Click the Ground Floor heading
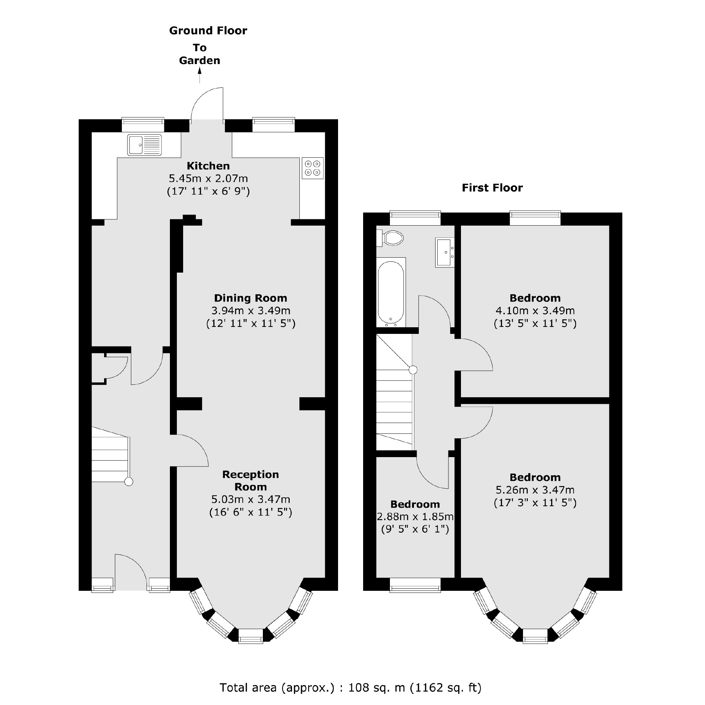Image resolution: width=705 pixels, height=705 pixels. [x=208, y=31]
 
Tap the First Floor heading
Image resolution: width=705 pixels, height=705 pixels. [x=492, y=188]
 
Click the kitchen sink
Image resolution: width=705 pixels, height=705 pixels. [x=144, y=145]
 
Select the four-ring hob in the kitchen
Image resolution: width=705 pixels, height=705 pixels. [x=312, y=168]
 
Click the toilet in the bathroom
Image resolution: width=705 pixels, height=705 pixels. [x=391, y=238]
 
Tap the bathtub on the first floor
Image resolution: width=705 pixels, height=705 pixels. [x=391, y=293]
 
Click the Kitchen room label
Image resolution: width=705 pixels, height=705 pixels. [x=208, y=166]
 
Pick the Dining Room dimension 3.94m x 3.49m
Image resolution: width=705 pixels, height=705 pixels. [x=251, y=311]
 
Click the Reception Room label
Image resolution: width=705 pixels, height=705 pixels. [x=251, y=480]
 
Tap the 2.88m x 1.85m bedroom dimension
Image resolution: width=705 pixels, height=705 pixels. [x=415, y=517]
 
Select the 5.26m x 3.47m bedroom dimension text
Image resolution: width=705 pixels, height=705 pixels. [x=535, y=490]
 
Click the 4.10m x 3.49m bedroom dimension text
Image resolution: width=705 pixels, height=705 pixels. [x=535, y=311]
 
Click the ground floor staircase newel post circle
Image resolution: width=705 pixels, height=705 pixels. [x=129, y=482]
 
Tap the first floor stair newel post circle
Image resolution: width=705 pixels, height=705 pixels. [x=413, y=370]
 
